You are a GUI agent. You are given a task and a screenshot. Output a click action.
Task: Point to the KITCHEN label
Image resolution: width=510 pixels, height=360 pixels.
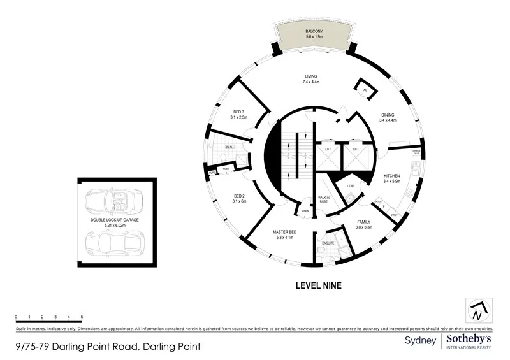391,175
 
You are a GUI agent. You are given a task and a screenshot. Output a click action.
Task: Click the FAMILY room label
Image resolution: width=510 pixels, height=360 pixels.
364,222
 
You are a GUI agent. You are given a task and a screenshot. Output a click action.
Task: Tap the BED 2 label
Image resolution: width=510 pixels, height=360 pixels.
239,196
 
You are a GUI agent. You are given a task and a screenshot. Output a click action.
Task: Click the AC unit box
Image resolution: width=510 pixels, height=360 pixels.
365,89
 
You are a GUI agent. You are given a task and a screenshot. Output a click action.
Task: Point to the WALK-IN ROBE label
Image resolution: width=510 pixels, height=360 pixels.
324,199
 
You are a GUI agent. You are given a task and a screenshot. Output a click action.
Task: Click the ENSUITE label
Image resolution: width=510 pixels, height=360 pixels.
329,243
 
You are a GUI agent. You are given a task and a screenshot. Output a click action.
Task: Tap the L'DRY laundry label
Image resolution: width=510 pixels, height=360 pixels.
351,186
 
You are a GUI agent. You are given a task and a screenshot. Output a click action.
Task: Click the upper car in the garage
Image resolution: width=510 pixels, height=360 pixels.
115,202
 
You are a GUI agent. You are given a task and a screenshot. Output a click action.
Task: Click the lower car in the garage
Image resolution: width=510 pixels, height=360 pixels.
115,241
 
